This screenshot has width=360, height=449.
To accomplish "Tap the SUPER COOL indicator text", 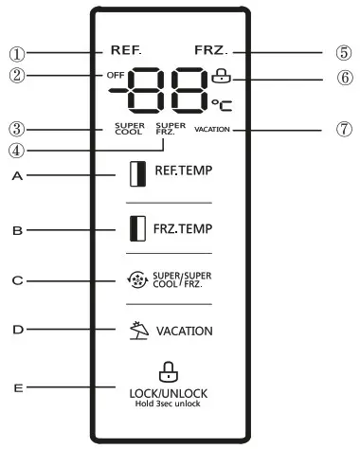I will pos(128,128).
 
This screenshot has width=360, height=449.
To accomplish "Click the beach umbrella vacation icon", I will pos(140,331).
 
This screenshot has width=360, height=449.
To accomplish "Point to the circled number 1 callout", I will pos(16,49).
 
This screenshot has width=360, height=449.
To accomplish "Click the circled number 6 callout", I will pos(344,77).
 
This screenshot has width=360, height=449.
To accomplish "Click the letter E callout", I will pos(16,386).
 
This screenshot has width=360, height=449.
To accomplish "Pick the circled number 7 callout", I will pos(344,130).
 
